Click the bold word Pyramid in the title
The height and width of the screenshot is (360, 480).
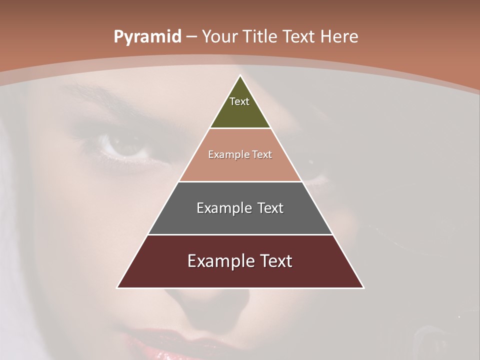[147, 36]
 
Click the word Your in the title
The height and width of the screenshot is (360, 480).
[218, 36]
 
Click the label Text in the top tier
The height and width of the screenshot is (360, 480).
[239, 101]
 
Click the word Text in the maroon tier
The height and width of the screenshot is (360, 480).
[274, 261]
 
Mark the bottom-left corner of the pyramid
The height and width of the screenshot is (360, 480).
[117, 287]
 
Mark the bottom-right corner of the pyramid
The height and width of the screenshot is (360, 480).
[363, 287]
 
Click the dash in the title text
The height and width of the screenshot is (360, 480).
[191, 37]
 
